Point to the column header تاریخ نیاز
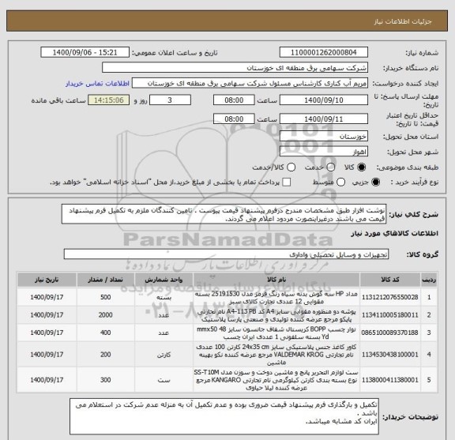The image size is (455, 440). [x=52, y=278]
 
